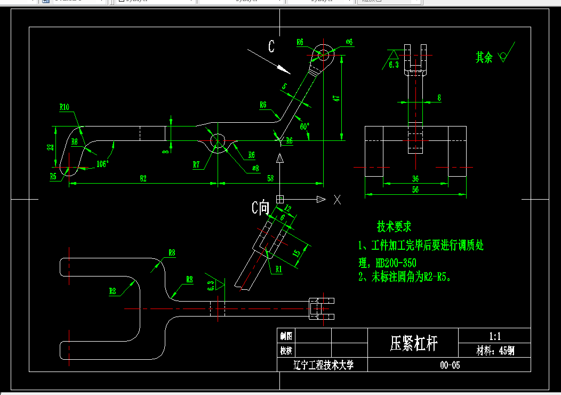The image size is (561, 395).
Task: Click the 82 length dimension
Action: [x=143, y=178]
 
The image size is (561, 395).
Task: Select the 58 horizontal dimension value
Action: [x=270, y=178]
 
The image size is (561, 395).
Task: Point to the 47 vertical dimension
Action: [x=335, y=98]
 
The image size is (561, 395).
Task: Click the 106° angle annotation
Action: [x=102, y=163]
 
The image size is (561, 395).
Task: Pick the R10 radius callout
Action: [x=65, y=107]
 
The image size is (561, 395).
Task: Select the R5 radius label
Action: [x=53, y=176]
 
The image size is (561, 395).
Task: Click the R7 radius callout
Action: [x=196, y=165]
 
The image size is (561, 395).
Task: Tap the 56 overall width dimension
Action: [x=415, y=189]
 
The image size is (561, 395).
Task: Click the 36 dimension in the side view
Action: [x=415, y=178]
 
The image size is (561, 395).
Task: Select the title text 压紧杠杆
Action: [x=414, y=343]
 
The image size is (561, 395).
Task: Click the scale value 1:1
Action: [x=494, y=336]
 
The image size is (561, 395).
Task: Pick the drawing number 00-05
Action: [x=450, y=365]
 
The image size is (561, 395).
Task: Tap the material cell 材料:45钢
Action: [x=495, y=351]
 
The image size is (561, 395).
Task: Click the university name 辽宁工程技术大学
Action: [x=323, y=365]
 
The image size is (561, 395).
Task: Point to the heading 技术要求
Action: [x=394, y=227]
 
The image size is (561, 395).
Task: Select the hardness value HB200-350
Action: [x=396, y=263]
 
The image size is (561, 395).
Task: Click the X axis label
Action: [x=337, y=200]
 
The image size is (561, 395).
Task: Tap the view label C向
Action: [x=261, y=208]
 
